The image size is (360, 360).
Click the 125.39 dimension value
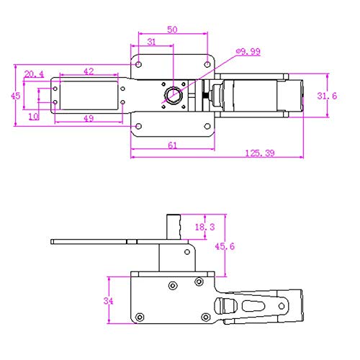pos(260,153)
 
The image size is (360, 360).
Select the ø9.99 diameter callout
pos(248,51)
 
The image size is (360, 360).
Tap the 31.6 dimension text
pos(327,96)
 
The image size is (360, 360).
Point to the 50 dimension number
pos(172,30)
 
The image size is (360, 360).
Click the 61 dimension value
pos(172,145)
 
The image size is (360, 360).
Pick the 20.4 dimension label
pos(34,74)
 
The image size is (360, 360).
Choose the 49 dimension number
pos(89,118)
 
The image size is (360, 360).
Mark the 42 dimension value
pos(89,71)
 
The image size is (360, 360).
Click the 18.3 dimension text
pos(204,227)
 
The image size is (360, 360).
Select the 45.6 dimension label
pos(225,246)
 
